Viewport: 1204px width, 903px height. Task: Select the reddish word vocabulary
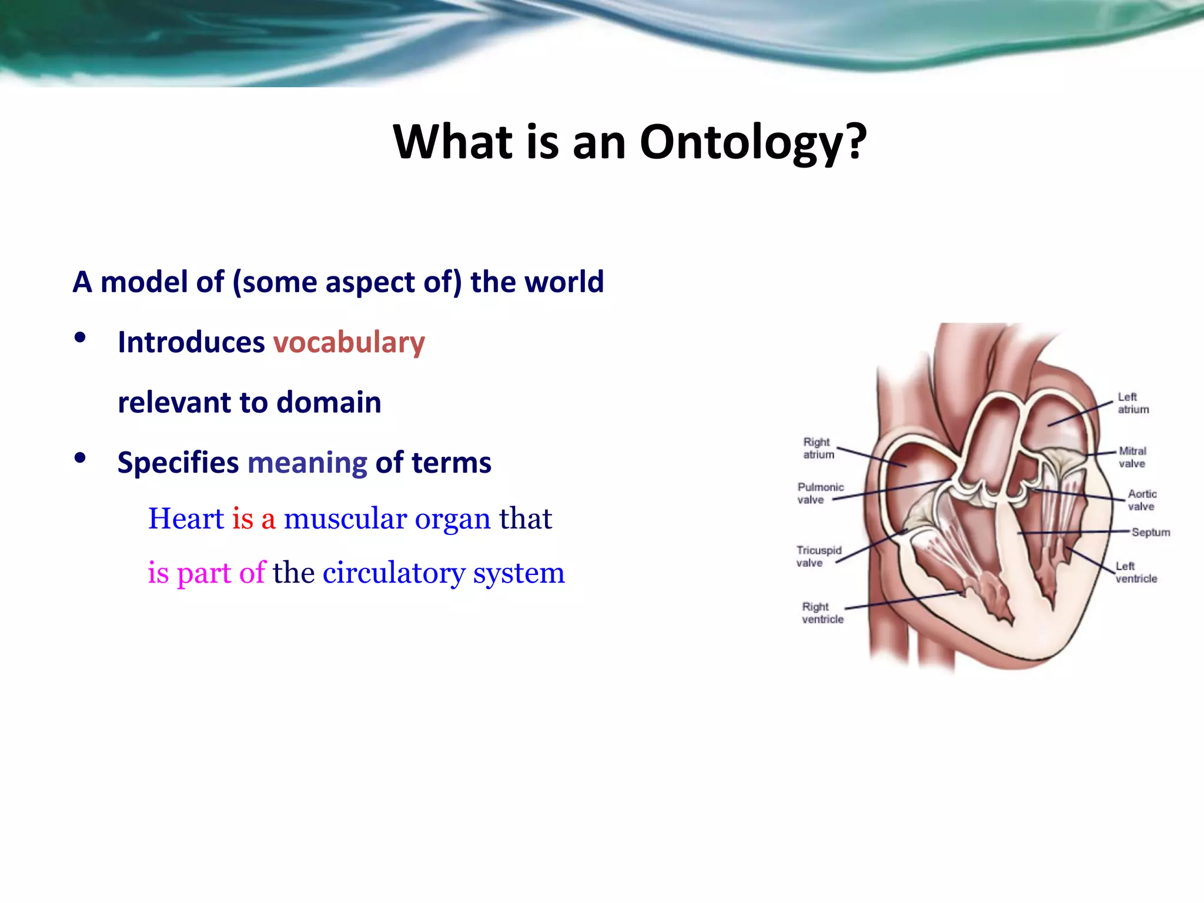click(349, 343)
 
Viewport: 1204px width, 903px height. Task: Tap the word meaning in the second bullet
click(307, 463)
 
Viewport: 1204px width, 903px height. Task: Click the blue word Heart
click(186, 519)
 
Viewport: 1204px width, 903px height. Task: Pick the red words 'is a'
click(253, 519)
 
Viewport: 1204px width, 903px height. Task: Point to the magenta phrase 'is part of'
click(206, 573)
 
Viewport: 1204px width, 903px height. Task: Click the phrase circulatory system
click(444, 573)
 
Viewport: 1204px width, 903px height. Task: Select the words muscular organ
click(387, 519)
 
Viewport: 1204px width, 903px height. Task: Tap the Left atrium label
click(1132, 403)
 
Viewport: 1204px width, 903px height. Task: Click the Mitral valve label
click(1132, 457)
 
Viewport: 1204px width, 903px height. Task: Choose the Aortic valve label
click(1141, 500)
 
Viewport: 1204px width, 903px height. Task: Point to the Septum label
click(1150, 532)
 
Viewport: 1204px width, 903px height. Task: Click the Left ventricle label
click(1136, 572)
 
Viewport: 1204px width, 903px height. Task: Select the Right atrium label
click(818, 448)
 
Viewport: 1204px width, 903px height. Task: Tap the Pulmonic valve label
click(820, 493)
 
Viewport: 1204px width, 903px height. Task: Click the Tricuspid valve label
click(818, 556)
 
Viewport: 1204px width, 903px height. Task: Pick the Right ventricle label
click(822, 613)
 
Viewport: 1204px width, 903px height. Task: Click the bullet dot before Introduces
click(81, 338)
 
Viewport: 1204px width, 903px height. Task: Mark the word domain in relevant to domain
click(329, 403)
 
